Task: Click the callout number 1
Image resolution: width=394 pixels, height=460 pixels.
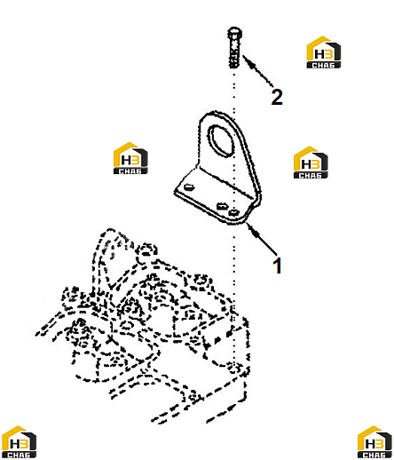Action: (x=277, y=266)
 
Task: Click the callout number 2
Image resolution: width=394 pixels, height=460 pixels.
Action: (x=277, y=97)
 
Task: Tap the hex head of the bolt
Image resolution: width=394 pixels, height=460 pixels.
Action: (x=235, y=32)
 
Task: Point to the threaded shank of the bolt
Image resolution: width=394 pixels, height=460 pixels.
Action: (x=235, y=52)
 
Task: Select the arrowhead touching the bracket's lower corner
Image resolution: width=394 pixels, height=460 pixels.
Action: (x=253, y=230)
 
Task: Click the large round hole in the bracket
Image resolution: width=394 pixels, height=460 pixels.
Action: (x=222, y=139)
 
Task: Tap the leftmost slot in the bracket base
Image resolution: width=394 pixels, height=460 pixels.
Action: (x=188, y=187)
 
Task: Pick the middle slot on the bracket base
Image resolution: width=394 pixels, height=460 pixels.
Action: (x=222, y=206)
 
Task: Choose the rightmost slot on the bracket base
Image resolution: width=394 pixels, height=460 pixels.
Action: (x=233, y=212)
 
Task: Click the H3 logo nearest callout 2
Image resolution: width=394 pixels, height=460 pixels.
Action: (x=323, y=52)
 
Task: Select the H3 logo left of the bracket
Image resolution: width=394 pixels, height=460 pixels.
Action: (x=130, y=158)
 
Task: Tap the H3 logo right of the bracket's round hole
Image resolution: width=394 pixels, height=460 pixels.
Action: (x=311, y=163)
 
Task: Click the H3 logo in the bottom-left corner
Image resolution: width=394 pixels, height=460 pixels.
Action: (x=19, y=441)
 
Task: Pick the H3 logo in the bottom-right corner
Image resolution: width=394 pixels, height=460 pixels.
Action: (x=374, y=441)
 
